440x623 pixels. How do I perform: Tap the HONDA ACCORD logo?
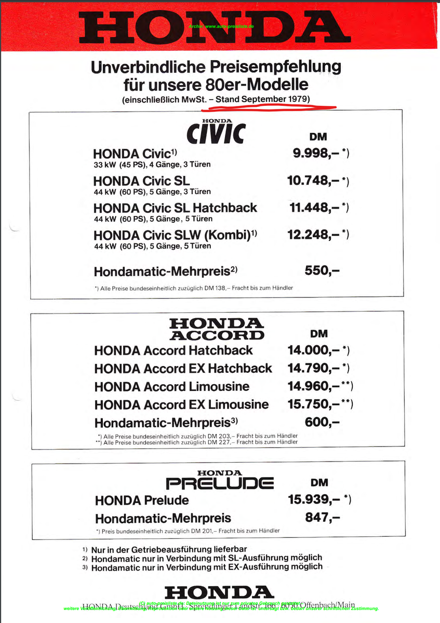[x=217, y=330]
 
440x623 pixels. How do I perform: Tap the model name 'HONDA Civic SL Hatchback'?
[x=175, y=208]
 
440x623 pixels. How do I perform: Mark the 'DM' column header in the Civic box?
[x=318, y=137]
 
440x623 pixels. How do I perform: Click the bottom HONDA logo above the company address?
[x=219, y=592]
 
